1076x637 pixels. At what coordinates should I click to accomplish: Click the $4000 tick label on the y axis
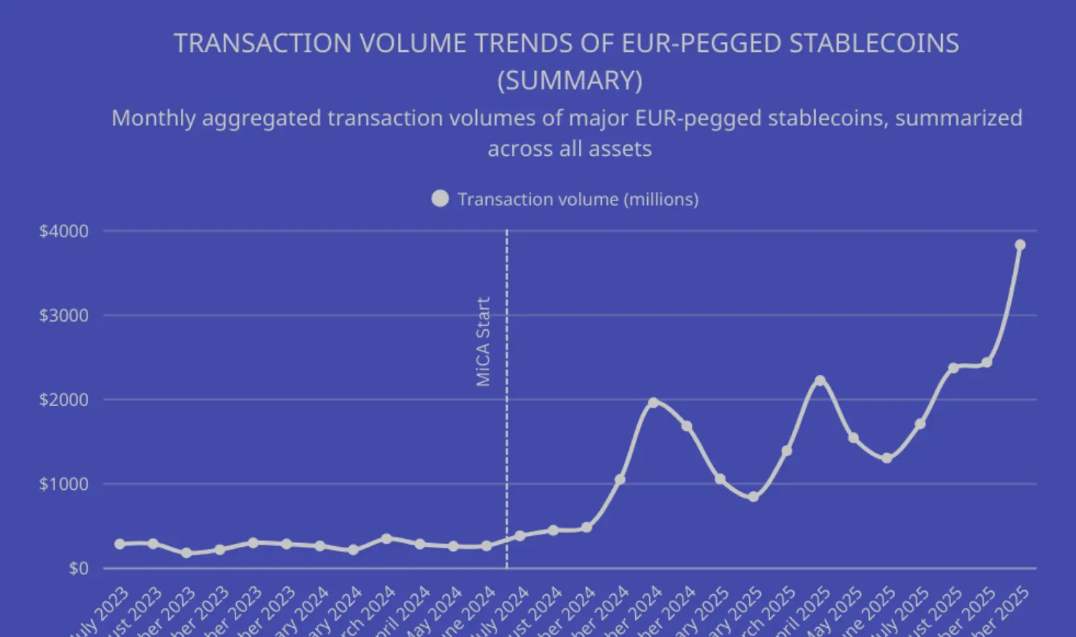click(64, 231)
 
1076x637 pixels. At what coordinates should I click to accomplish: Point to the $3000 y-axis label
click(64, 316)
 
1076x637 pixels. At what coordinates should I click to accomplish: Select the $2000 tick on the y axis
click(64, 400)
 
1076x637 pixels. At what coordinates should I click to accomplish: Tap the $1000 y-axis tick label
click(64, 484)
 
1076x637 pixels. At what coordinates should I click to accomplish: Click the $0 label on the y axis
click(78, 569)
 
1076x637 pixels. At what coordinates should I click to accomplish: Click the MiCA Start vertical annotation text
click(483, 342)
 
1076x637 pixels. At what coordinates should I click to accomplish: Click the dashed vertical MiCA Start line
click(506, 427)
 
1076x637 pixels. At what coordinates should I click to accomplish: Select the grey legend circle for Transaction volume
click(440, 199)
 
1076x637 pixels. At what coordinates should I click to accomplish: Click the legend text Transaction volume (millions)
click(577, 199)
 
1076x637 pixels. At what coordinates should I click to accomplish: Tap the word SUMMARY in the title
click(570, 81)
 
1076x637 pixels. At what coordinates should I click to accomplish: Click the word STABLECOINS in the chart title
click(873, 43)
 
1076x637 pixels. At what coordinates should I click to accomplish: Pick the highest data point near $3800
click(1020, 245)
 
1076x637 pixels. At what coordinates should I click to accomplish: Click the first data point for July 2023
click(120, 544)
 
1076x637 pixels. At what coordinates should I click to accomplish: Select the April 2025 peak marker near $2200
click(819, 381)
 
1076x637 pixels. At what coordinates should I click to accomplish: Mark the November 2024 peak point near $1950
click(653, 402)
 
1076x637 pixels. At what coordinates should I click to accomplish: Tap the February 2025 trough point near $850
click(753, 497)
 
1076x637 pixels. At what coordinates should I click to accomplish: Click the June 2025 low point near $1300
click(887, 458)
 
